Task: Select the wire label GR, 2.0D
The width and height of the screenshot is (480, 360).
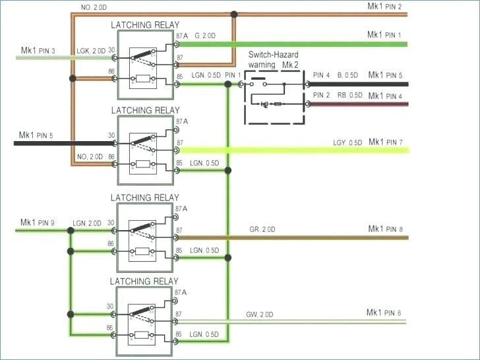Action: tap(262, 229)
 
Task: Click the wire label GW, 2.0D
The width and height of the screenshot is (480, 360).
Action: tap(260, 313)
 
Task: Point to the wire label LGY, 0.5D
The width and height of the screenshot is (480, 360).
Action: tap(347, 142)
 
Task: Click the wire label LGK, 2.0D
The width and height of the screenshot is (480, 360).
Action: tap(90, 51)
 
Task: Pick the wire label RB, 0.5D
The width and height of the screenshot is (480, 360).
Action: tap(350, 96)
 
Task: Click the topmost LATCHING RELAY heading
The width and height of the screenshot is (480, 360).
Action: tap(144, 25)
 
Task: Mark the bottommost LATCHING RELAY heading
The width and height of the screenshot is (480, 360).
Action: tap(144, 281)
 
